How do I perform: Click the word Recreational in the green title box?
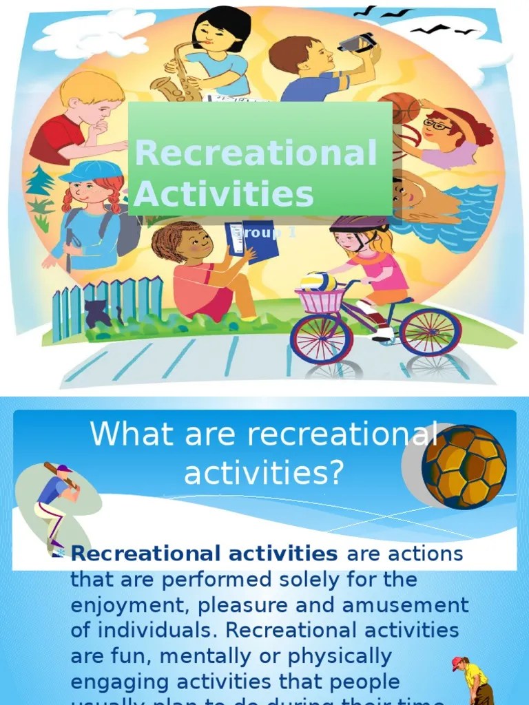256,153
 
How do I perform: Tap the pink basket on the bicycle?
320,300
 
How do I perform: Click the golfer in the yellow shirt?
475,681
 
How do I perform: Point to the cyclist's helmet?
359,224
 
